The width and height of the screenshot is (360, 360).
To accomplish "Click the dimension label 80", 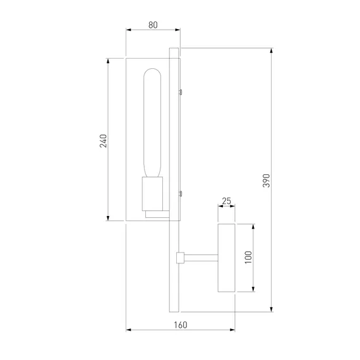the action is tap(153, 25).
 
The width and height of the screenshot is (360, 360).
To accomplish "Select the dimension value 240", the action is tap(104, 141).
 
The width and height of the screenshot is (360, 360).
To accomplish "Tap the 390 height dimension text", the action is tap(267, 181).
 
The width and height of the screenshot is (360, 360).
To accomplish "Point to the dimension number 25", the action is tap(226, 201).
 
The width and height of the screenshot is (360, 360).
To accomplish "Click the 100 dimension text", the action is tap(248, 258).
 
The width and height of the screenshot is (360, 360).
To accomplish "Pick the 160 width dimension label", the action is tap(181, 325).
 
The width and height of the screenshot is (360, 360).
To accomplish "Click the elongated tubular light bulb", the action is tap(152, 123).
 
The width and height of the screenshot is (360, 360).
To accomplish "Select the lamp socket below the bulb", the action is tap(152, 193).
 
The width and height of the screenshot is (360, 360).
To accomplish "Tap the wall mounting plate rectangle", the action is tap(226, 258).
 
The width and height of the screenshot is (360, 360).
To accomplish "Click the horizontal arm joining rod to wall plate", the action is tap(201, 258).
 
